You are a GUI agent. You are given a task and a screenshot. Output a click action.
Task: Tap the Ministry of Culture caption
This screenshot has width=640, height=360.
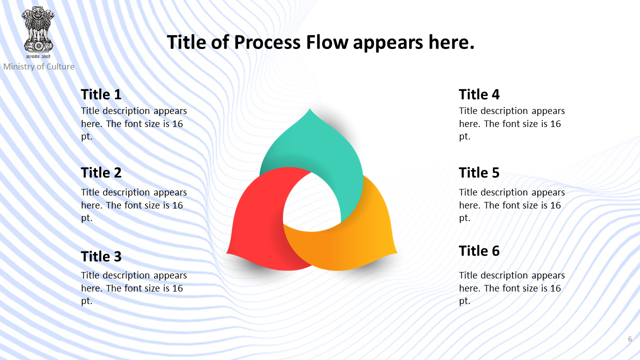pyautogui.click(x=38, y=66)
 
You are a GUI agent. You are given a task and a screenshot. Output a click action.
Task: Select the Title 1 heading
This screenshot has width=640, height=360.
pyautogui.click(x=101, y=94)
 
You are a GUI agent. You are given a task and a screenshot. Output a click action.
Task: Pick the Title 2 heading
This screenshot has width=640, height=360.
pyautogui.click(x=101, y=172)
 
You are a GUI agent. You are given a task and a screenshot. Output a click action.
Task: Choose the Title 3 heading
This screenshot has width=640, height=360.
pyautogui.click(x=101, y=256)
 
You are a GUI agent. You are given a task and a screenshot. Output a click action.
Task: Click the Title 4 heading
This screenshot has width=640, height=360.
pyautogui.click(x=479, y=94)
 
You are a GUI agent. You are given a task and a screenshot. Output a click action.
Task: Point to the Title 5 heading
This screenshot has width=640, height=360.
pyautogui.click(x=479, y=172)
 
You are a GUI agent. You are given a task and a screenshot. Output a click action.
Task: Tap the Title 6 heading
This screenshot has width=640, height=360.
pyautogui.click(x=479, y=251)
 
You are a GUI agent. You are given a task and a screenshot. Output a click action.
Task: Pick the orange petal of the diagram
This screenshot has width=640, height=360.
pyautogui.click(x=357, y=243)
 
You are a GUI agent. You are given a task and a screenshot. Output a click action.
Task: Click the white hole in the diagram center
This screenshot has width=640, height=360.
pyautogui.click(x=311, y=203)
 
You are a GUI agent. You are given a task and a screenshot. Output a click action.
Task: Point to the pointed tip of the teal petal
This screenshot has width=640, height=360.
pyautogui.click(x=310, y=108)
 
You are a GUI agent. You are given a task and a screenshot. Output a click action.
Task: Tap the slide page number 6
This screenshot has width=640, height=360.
pyautogui.click(x=629, y=339)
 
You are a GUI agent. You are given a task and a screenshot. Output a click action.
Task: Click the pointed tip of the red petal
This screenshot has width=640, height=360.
pyautogui.click(x=227, y=253)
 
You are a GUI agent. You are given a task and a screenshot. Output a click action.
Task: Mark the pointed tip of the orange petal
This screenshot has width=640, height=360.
pyautogui.click(x=397, y=253)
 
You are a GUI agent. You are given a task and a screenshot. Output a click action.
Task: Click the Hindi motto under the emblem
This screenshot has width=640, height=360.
pyautogui.click(x=38, y=56)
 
